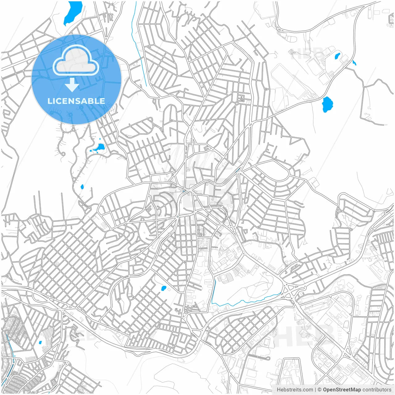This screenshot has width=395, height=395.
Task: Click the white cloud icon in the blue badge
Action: (76, 61)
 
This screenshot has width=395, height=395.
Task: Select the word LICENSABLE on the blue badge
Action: (76, 101)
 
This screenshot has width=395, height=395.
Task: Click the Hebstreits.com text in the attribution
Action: (295, 390)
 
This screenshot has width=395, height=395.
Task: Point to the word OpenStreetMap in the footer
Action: (342, 390)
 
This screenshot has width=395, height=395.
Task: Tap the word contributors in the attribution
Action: (377, 390)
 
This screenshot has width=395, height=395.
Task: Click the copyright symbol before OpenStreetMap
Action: (319, 390)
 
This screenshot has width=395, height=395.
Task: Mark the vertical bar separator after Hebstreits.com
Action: (315, 390)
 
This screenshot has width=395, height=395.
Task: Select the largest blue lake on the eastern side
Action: (327, 104)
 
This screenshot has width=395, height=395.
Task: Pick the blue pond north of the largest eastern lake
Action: (337, 56)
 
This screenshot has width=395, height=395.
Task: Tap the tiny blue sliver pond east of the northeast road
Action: (354, 63)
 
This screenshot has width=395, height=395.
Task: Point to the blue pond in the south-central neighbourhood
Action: (164, 289)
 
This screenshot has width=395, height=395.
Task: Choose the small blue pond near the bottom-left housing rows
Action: (40, 342)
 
